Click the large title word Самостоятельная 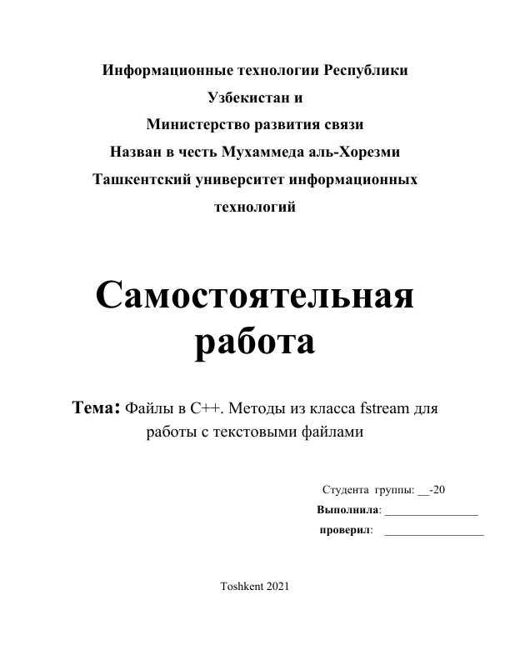pyautogui.click(x=255, y=296)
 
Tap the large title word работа pyautogui.click(x=255, y=342)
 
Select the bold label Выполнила pyautogui.click(x=348, y=509)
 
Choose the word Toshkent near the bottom pyautogui.click(x=240, y=587)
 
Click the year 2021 pyautogui.click(x=277, y=587)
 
